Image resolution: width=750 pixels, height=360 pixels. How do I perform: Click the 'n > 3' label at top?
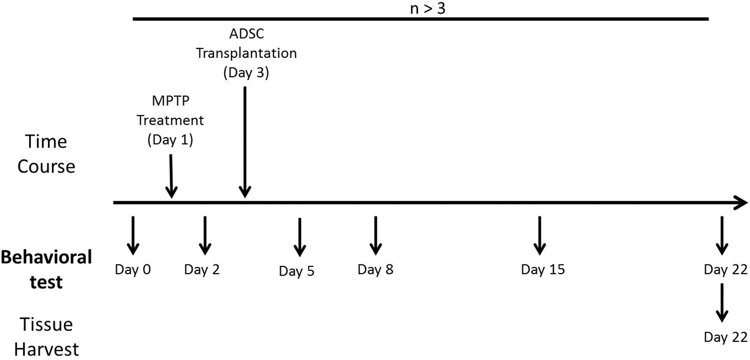click(428, 9)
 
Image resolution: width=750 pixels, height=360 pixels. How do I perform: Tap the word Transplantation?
click(246, 53)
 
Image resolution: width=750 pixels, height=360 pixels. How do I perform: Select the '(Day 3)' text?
click(246, 73)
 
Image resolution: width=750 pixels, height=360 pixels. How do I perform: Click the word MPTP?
click(171, 101)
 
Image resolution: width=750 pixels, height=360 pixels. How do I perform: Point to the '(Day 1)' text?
click(170, 140)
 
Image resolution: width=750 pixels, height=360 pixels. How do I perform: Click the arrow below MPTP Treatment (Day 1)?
click(171, 176)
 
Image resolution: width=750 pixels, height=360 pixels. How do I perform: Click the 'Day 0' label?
click(133, 269)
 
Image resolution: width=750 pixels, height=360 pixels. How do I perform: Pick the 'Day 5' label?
click(297, 271)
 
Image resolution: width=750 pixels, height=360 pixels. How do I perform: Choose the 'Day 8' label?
click(375, 269)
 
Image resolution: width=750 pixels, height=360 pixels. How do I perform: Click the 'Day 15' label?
click(543, 269)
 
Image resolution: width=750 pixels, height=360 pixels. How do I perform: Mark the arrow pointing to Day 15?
click(540, 236)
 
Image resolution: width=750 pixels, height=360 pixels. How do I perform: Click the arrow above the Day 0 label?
click(133, 236)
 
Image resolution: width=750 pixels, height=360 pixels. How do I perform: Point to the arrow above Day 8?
click(376, 236)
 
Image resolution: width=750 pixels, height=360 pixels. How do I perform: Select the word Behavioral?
click(46, 257)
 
